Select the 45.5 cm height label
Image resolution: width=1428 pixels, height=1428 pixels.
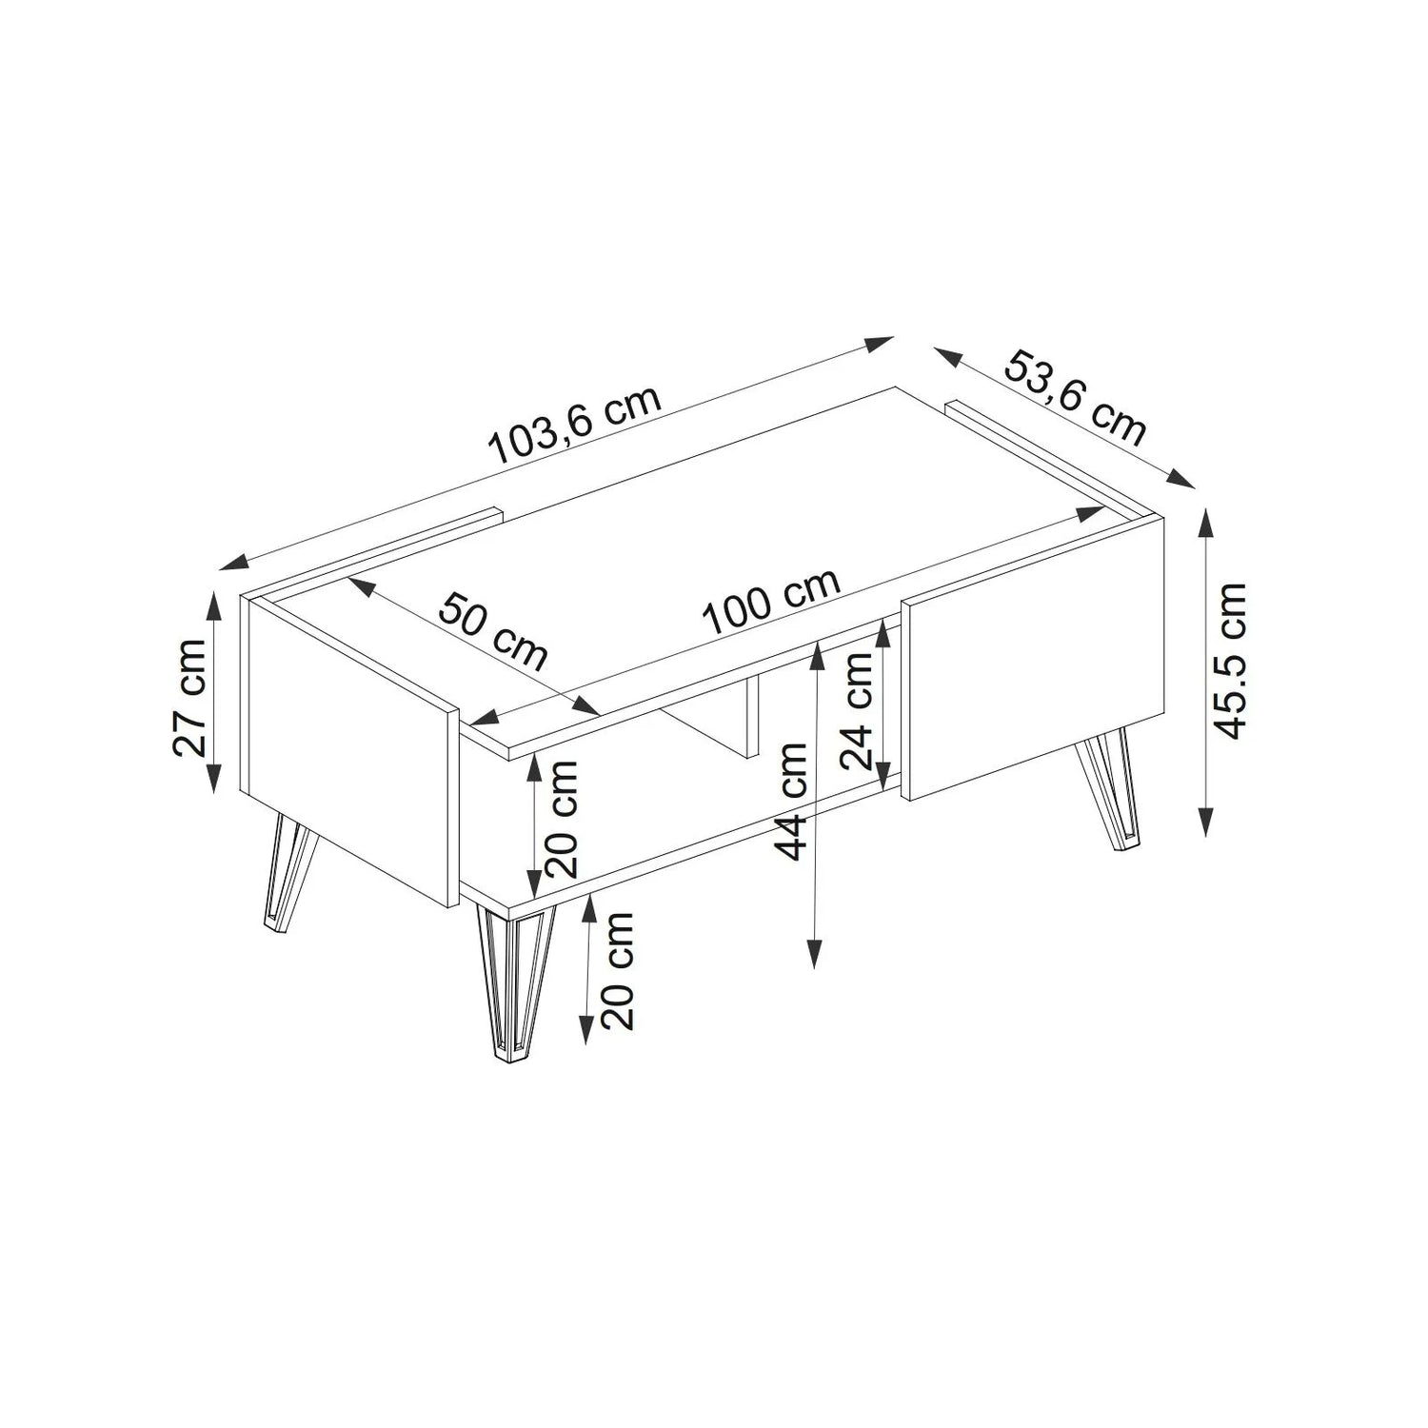1232,660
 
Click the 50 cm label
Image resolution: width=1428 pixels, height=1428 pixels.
493,631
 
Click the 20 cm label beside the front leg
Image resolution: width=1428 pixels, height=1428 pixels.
618,971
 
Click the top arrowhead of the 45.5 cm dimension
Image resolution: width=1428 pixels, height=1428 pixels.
1206,522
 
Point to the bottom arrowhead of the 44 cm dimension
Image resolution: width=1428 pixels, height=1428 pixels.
814,955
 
